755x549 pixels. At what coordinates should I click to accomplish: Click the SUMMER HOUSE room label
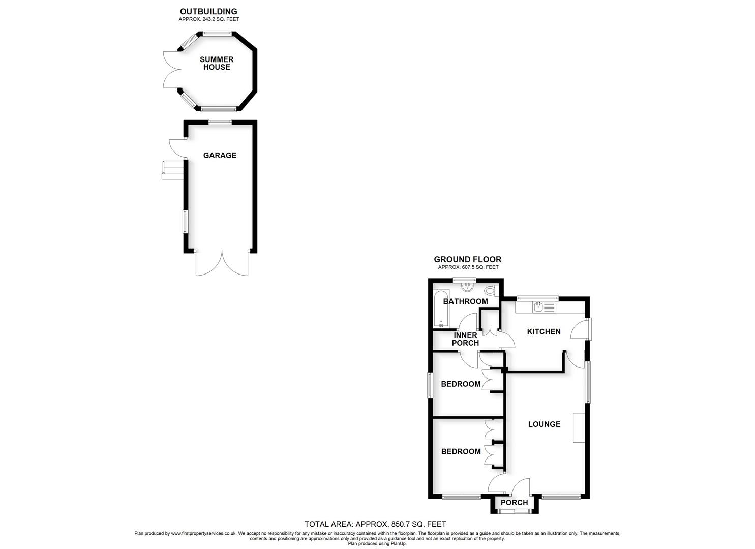click(x=217, y=64)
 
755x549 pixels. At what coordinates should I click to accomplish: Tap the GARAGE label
click(x=220, y=156)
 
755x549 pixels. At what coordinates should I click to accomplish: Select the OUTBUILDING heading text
click(x=208, y=11)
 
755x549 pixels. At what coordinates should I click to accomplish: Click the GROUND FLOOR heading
click(x=467, y=260)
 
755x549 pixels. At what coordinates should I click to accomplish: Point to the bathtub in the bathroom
click(x=441, y=309)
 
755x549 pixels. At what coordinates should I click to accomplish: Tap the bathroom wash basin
click(x=467, y=288)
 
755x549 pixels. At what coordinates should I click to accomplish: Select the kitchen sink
click(x=538, y=307)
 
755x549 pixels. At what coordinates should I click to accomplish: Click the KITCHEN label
click(x=543, y=332)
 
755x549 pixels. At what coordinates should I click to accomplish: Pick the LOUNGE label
click(x=544, y=424)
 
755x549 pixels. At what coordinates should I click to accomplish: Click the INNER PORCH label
click(x=465, y=339)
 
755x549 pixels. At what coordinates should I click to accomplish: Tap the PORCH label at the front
click(x=514, y=503)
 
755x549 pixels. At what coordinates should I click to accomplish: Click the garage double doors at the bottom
click(x=222, y=263)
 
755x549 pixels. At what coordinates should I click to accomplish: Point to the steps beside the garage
click(x=172, y=170)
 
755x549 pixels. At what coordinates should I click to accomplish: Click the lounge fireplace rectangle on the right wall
click(x=578, y=428)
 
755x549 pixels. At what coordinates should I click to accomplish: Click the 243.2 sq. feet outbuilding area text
click(x=208, y=19)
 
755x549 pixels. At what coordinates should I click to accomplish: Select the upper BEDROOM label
click(x=461, y=384)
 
